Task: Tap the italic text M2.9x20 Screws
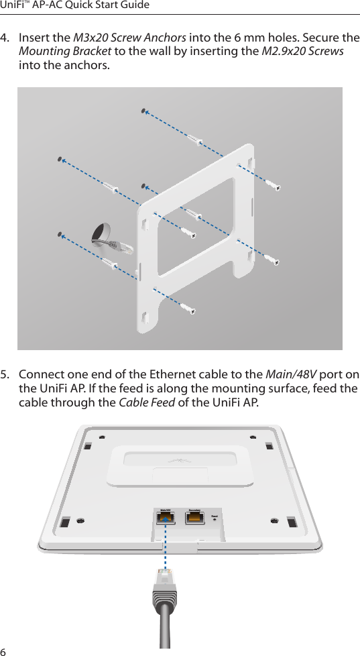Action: pos(302,52)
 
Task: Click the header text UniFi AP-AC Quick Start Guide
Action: pos(74,6)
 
